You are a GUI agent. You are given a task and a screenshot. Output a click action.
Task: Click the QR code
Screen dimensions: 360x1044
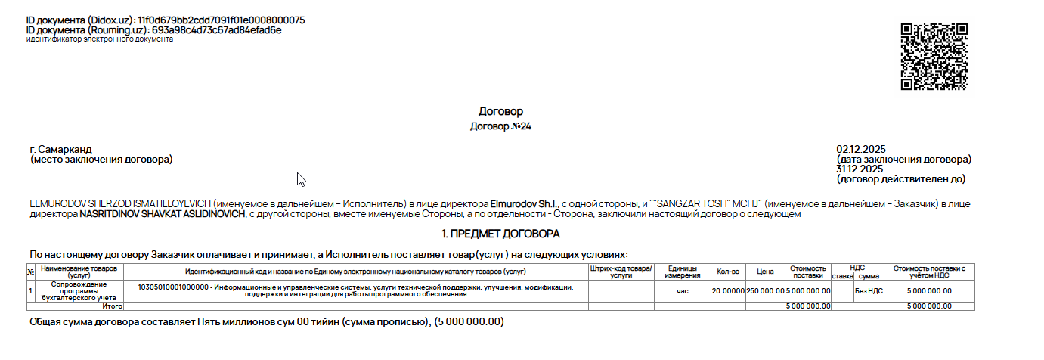click(934, 57)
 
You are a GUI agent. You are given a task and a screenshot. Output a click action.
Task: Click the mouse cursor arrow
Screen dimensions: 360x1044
click(301, 179)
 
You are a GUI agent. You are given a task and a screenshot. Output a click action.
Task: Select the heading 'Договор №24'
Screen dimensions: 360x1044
click(500, 126)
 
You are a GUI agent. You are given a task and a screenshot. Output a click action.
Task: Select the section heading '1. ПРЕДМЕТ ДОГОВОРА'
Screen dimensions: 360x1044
click(500, 234)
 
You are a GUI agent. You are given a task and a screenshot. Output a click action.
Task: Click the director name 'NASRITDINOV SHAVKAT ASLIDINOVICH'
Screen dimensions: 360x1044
click(163, 215)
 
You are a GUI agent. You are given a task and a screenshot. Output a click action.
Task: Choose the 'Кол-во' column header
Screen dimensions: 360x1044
click(727, 271)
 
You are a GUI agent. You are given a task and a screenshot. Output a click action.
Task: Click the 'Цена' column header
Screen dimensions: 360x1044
click(765, 271)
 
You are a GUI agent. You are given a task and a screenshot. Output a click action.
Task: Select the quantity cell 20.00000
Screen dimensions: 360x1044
click(728, 290)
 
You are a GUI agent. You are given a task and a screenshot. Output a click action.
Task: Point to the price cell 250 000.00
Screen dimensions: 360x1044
click(766, 290)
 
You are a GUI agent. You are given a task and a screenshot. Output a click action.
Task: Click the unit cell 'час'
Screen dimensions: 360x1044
click(683, 290)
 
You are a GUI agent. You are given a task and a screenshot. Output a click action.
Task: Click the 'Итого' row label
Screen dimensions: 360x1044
click(113, 306)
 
